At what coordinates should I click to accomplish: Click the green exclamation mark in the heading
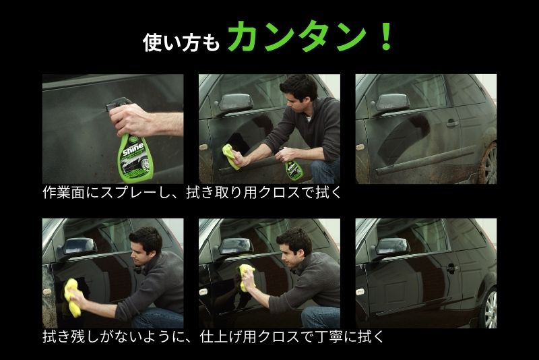pos(387,36)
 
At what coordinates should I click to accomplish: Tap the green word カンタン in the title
pos(298,36)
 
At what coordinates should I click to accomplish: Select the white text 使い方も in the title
pos(181,42)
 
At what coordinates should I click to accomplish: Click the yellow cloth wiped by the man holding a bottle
pos(230,156)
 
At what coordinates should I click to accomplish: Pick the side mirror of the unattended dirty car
pos(393,102)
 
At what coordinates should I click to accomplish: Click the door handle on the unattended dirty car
pos(452,123)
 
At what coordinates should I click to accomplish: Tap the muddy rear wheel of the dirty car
pos(488,163)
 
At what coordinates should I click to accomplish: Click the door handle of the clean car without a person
pos(452,268)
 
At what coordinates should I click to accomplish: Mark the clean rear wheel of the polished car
pos(489,307)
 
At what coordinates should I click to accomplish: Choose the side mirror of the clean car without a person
pos(392,247)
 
